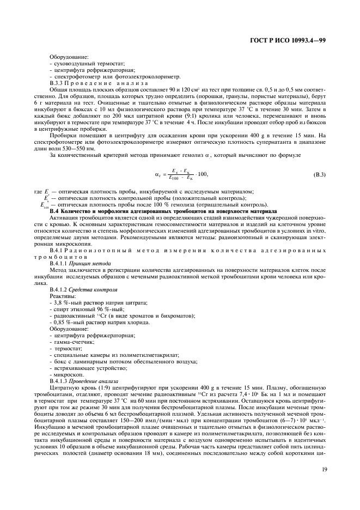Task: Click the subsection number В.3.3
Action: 58,83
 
